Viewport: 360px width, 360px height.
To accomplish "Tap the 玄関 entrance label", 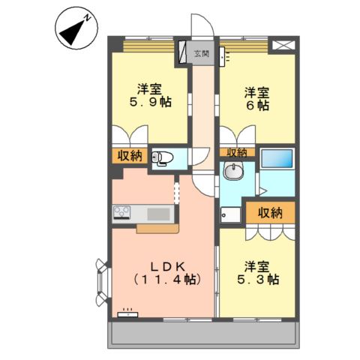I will [x=201, y=53].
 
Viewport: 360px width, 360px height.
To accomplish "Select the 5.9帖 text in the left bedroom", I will [x=150, y=100].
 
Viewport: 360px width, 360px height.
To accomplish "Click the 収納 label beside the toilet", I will [x=129, y=156].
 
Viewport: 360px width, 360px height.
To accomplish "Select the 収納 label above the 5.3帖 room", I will [x=270, y=212].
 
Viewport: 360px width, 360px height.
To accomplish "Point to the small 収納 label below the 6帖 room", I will [x=237, y=152].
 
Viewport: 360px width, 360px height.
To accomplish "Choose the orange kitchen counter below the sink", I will [x=156, y=228].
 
